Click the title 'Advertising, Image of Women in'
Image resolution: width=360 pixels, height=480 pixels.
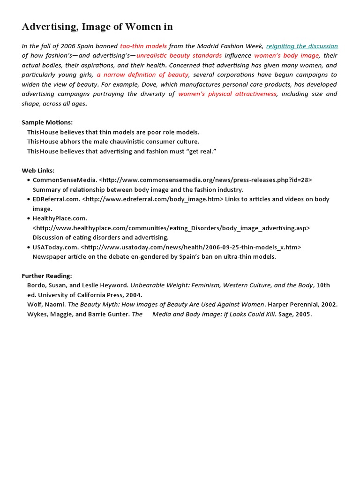(97, 27)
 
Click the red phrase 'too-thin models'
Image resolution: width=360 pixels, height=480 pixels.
(143, 46)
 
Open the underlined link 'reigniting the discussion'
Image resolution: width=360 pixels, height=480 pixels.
(302, 46)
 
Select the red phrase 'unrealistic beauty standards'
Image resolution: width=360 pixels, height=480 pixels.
(179, 55)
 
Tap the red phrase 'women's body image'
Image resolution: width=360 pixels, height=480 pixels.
(286, 55)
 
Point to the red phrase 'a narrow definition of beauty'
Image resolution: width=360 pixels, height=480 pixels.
(143, 75)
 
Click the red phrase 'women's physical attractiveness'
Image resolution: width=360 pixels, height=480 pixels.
(227, 94)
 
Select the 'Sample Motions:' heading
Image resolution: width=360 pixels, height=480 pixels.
(47, 122)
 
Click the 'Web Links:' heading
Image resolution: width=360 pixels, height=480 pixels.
(38, 170)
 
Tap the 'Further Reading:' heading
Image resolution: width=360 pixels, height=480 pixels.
(47, 276)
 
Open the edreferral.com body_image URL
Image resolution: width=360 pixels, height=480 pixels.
(153, 199)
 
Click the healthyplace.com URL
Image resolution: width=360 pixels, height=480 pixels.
(171, 228)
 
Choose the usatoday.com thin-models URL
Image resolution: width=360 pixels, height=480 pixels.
(191, 247)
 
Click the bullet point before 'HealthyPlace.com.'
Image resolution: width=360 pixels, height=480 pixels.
(29, 218)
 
